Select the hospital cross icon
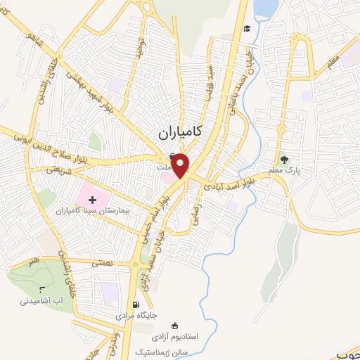pos(92,200)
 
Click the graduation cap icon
pos(247,28)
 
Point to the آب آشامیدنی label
pos(41,301)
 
